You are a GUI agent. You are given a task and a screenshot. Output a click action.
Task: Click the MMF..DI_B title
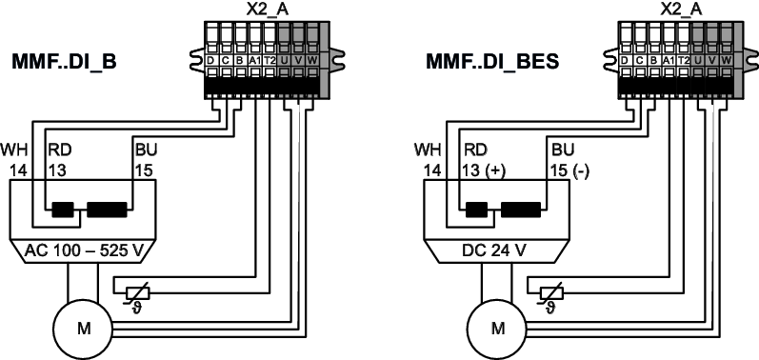64,63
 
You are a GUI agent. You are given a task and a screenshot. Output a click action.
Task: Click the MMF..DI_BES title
492,63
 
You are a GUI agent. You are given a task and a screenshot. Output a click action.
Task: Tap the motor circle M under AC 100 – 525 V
84,329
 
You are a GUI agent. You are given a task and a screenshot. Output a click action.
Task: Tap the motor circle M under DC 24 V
498,329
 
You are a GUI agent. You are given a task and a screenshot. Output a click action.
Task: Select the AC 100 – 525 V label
83,251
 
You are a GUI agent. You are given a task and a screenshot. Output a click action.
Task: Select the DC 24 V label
497,251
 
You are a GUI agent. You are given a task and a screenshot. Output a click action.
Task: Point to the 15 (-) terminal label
569,171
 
